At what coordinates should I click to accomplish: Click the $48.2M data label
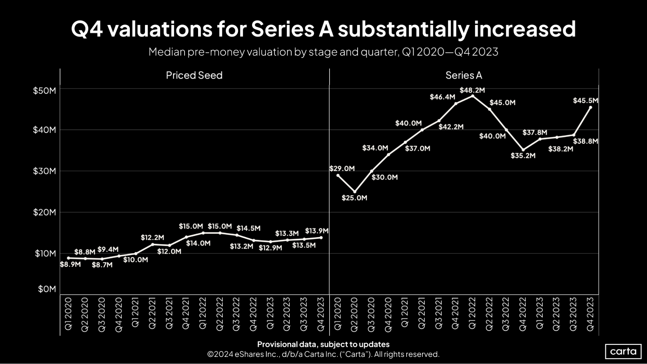click(472, 90)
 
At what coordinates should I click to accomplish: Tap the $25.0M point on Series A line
click(355, 192)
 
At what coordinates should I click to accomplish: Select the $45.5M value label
click(585, 101)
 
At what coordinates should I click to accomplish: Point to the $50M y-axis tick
click(44, 91)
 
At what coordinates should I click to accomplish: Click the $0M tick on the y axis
click(47, 289)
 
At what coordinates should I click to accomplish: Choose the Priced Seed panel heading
click(194, 75)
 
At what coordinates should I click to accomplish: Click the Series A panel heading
click(463, 75)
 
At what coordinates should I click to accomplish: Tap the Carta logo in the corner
click(623, 351)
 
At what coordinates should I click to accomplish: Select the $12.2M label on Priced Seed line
click(152, 238)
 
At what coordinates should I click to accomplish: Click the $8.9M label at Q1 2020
click(70, 265)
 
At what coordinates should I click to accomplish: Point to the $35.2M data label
click(523, 156)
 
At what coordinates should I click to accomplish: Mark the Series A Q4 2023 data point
click(590, 107)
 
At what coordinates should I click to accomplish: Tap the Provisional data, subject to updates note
click(323, 344)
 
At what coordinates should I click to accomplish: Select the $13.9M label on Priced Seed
click(317, 231)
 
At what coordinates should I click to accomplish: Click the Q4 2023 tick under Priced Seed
click(321, 314)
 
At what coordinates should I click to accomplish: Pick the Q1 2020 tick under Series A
click(338, 314)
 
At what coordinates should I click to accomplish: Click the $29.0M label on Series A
click(342, 169)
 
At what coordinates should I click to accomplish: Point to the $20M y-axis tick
click(44, 212)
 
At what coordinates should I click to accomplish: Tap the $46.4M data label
click(442, 97)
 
